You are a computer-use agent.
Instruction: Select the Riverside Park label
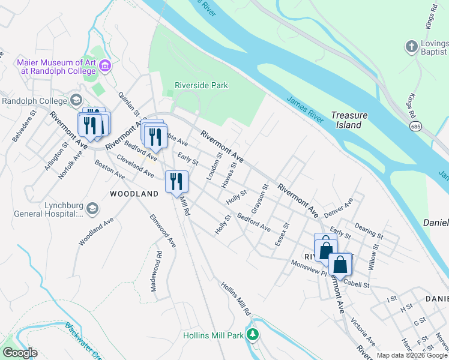click(201, 85)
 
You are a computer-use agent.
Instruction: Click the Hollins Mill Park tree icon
click(254, 334)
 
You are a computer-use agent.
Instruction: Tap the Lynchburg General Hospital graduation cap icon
click(92, 208)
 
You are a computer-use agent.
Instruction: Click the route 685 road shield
click(415, 127)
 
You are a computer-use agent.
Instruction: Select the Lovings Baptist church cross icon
click(411, 46)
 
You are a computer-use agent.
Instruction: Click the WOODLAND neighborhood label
click(134, 194)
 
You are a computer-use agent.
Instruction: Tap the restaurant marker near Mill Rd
click(176, 181)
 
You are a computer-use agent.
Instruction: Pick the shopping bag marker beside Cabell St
click(340, 265)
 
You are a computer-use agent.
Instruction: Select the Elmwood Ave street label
click(163, 231)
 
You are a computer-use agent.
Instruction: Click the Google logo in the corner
click(20, 353)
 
